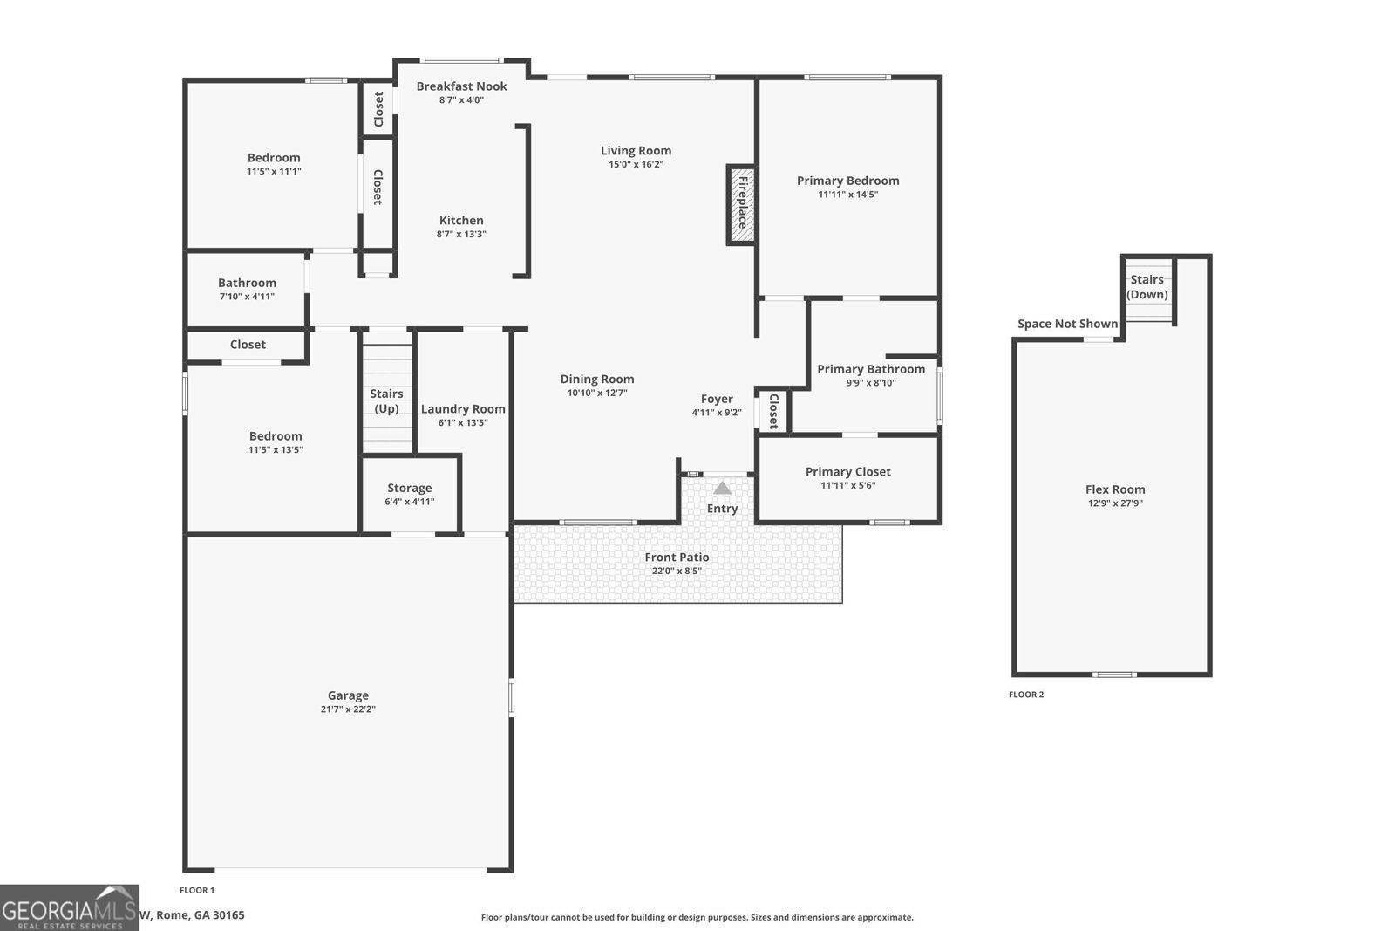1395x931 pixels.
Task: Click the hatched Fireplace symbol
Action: click(x=740, y=205)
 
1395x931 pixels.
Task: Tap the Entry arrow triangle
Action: click(x=723, y=489)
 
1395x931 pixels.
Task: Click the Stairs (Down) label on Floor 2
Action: click(x=1147, y=287)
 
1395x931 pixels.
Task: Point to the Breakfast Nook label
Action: click(x=461, y=86)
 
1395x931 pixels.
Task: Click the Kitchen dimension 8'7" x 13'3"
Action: click(x=461, y=235)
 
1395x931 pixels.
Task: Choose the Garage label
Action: click(x=348, y=695)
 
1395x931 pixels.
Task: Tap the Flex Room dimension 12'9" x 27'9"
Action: click(x=1115, y=503)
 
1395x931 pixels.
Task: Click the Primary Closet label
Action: click(x=847, y=472)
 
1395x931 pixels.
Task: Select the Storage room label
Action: click(x=409, y=489)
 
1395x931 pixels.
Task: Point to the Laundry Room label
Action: click(x=463, y=409)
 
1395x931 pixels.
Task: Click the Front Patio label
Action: click(x=677, y=558)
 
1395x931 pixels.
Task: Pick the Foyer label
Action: click(x=717, y=399)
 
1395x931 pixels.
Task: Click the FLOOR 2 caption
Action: click(x=1025, y=695)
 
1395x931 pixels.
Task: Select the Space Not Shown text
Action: click(x=1067, y=324)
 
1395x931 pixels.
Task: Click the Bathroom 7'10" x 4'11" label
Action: click(x=247, y=283)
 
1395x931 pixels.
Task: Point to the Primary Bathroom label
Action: click(x=870, y=369)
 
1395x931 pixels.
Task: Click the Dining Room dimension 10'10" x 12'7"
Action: click(x=596, y=394)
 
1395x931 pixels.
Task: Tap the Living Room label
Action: click(x=636, y=151)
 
